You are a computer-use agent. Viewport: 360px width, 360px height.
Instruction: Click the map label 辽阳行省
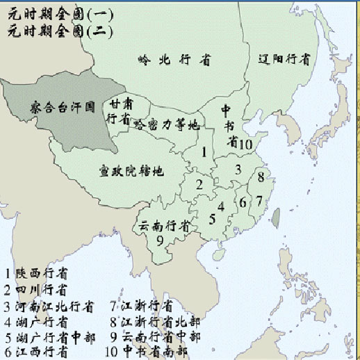coord(283,59)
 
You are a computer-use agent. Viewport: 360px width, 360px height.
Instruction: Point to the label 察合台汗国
coord(62,108)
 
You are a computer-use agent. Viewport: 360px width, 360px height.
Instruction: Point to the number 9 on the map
coord(160,240)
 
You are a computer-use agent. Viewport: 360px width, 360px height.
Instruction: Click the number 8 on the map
coord(261,178)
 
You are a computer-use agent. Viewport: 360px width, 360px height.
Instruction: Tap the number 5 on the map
coord(212,219)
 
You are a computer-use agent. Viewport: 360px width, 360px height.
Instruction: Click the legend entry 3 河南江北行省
coord(49,306)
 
